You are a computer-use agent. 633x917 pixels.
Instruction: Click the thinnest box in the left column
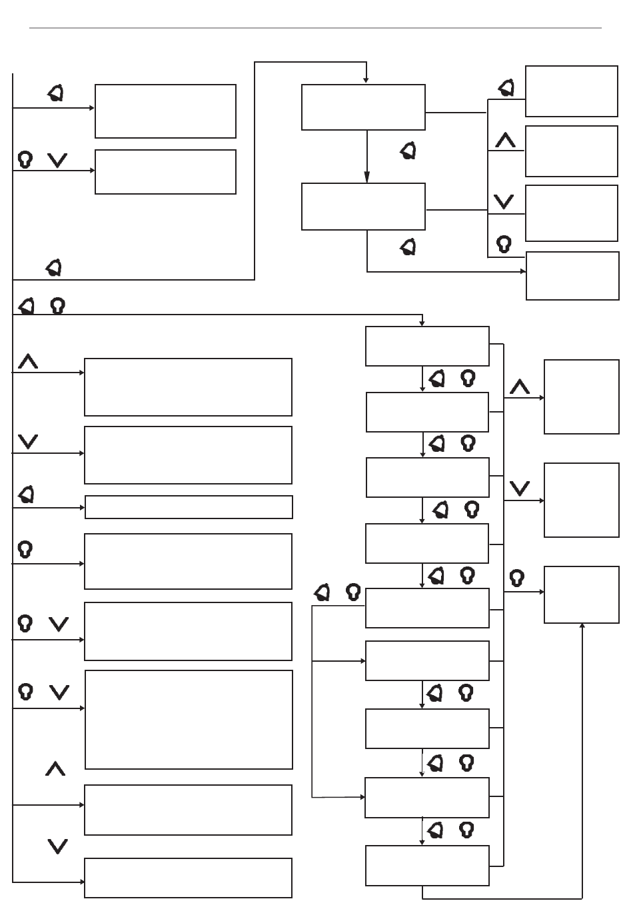[189, 507]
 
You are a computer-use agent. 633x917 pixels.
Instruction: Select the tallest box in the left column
[189, 720]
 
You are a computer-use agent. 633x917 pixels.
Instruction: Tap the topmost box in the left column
[165, 111]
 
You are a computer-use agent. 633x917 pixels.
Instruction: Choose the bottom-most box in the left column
[188, 878]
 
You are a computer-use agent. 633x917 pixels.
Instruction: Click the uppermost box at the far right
[571, 91]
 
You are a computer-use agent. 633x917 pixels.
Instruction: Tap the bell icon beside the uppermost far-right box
[507, 88]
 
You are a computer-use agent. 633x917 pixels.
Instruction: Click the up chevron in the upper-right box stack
[506, 141]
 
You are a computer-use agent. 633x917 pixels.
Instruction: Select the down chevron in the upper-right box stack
[504, 201]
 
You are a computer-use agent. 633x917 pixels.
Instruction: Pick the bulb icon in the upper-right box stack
[504, 245]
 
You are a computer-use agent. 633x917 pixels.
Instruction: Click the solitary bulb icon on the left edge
[25, 549]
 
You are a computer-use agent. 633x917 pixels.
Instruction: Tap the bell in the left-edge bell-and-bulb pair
[27, 306]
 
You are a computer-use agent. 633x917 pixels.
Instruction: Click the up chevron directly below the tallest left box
[55, 770]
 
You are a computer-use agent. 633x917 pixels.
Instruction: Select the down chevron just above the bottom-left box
[58, 846]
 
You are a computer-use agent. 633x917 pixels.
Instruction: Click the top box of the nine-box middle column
[427, 346]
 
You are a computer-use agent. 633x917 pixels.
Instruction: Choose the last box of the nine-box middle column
[427, 866]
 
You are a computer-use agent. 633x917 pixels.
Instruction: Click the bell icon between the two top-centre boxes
[408, 151]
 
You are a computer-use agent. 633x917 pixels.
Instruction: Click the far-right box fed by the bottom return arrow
[581, 594]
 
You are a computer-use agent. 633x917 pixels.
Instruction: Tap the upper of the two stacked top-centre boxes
[363, 107]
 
